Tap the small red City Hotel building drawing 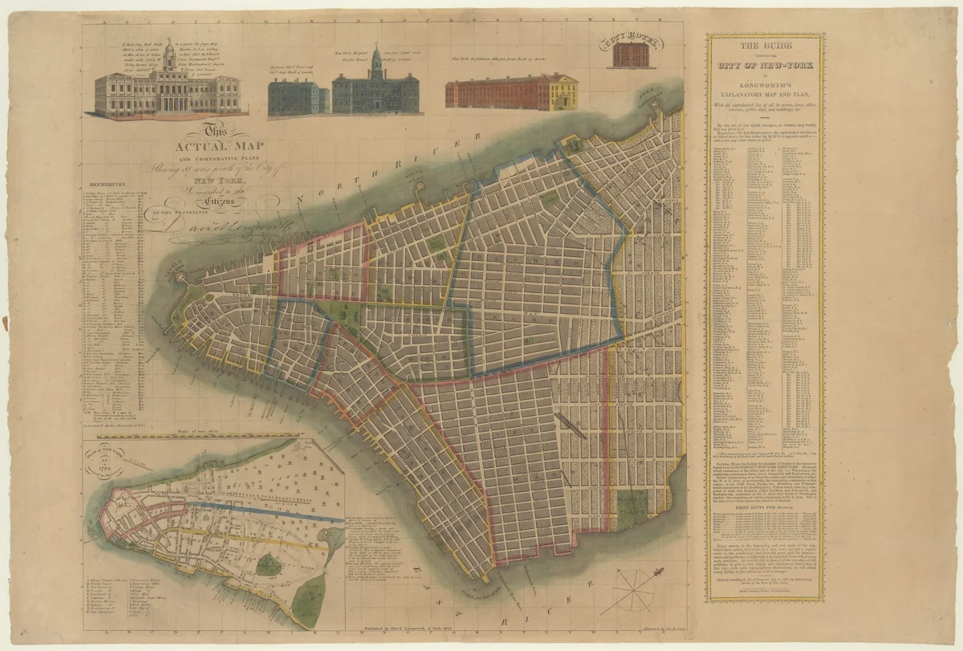pos(631,55)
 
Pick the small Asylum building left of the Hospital pos(298,96)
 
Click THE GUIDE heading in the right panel pos(764,46)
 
